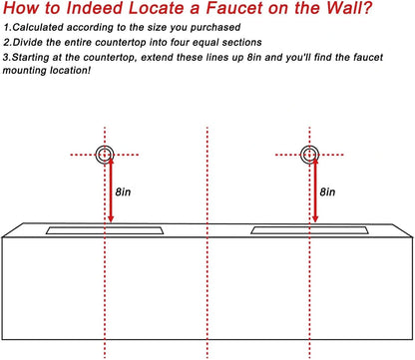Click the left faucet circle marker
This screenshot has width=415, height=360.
(x=105, y=155)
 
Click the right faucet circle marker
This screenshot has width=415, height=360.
(x=308, y=155)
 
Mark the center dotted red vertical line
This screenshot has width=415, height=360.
(x=207, y=180)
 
